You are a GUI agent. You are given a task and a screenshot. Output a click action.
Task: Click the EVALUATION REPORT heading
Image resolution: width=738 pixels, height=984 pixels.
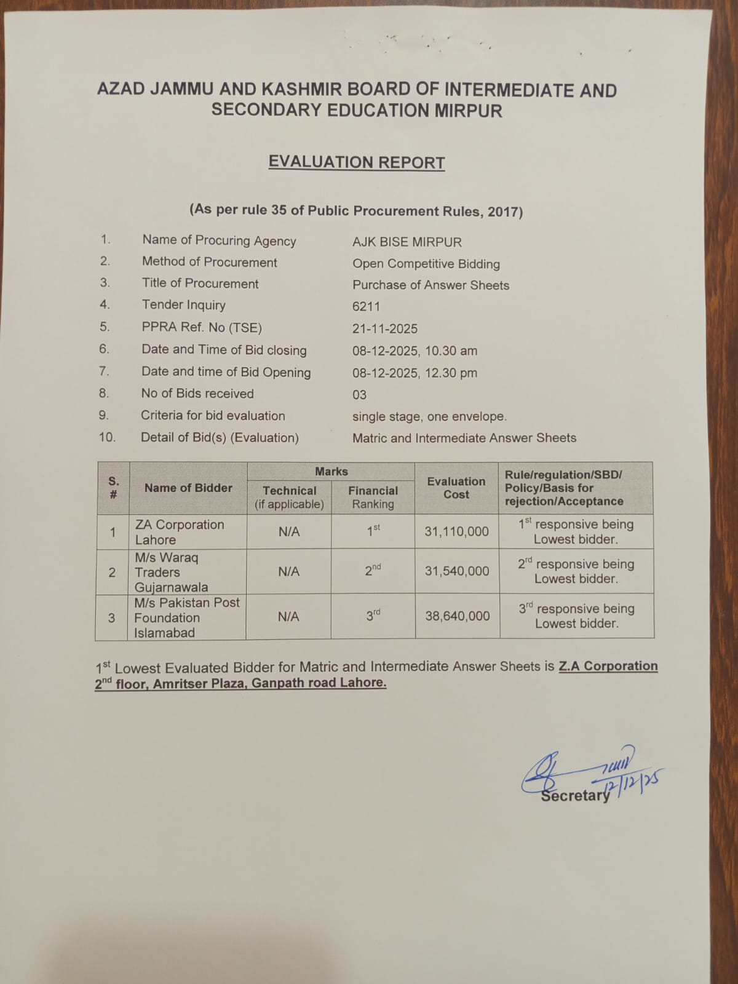coord(357,162)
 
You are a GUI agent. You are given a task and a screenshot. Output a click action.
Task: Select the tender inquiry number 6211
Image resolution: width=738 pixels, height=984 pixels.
coord(367,306)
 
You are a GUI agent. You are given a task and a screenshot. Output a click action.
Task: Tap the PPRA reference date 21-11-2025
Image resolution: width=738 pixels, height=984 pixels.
coord(385,328)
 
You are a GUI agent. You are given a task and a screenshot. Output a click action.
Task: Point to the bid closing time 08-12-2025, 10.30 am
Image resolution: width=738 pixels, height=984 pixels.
coord(415,351)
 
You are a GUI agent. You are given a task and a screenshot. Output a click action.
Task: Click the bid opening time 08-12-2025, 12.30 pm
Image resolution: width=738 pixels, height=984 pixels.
coord(415,373)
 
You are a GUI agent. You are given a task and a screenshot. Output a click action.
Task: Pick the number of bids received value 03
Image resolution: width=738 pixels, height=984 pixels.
coord(359,395)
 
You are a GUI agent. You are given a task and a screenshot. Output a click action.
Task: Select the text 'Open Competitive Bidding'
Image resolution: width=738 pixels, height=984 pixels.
coord(426,264)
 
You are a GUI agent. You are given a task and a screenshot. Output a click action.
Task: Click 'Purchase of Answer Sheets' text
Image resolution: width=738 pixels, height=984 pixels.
coord(430,285)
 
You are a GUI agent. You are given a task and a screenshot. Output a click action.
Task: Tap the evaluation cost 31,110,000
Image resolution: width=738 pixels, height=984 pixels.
coord(456,531)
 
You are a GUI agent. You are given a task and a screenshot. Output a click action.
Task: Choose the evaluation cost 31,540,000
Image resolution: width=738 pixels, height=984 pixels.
coord(457,571)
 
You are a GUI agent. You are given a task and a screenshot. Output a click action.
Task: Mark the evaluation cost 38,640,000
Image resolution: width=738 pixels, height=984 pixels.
coord(458,616)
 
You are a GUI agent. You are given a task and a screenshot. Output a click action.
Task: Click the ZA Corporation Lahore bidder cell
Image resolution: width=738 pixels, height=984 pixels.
coord(180,532)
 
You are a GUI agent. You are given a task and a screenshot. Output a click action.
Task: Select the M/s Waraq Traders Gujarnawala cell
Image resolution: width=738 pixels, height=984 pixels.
coord(172,572)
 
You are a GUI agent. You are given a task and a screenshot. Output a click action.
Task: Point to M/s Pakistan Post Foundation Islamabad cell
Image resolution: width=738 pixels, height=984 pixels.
coord(186,617)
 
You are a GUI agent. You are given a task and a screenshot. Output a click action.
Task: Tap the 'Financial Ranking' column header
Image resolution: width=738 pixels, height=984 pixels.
coord(373,498)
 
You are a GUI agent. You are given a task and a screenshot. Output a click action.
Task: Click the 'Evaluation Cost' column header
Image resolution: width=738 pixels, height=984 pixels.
coord(456,488)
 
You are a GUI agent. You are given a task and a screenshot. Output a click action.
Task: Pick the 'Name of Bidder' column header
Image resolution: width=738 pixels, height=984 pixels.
coord(188,488)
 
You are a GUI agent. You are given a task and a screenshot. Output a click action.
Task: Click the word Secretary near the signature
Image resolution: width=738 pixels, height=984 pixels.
coord(574,795)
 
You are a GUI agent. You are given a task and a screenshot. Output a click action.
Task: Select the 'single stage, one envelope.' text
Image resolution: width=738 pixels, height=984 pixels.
coord(429,416)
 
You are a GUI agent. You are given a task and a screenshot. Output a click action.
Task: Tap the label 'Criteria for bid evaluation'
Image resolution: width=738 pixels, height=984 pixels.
coord(213,416)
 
